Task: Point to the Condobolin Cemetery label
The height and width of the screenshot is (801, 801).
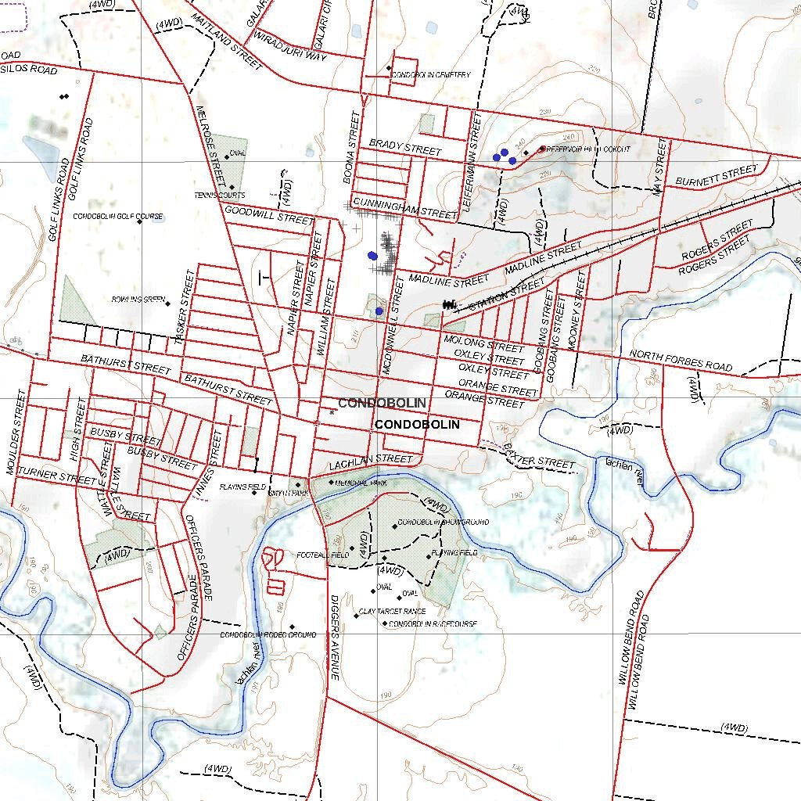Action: coord(431,75)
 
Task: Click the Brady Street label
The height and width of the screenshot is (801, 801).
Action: coord(405,146)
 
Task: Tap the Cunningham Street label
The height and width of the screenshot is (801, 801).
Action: coord(404,208)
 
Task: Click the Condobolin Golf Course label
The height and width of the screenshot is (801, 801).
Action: coord(117,217)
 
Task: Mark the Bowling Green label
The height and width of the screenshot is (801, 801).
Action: coord(138,300)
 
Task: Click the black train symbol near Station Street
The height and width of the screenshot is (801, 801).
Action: coord(449,304)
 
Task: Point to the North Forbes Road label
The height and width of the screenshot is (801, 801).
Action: coord(681,361)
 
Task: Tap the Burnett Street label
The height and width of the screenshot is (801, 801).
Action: coord(717,175)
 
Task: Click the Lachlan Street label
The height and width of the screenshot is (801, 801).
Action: coord(370,462)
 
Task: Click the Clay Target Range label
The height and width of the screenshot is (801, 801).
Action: coord(392,611)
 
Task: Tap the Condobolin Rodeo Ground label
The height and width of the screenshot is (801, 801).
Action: coord(268,634)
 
